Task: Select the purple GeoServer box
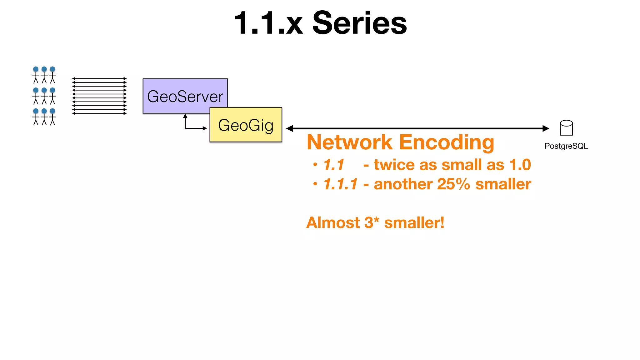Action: pos(175,94)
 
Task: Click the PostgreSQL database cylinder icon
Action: pos(566,128)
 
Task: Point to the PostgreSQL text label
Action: pos(566,146)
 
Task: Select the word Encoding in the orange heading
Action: pos(447,142)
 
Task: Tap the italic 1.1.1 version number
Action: pos(340,184)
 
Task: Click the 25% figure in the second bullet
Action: pos(453,184)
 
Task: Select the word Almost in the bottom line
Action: pos(333,223)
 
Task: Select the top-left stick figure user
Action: pos(36,75)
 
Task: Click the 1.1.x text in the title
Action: pos(268,23)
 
